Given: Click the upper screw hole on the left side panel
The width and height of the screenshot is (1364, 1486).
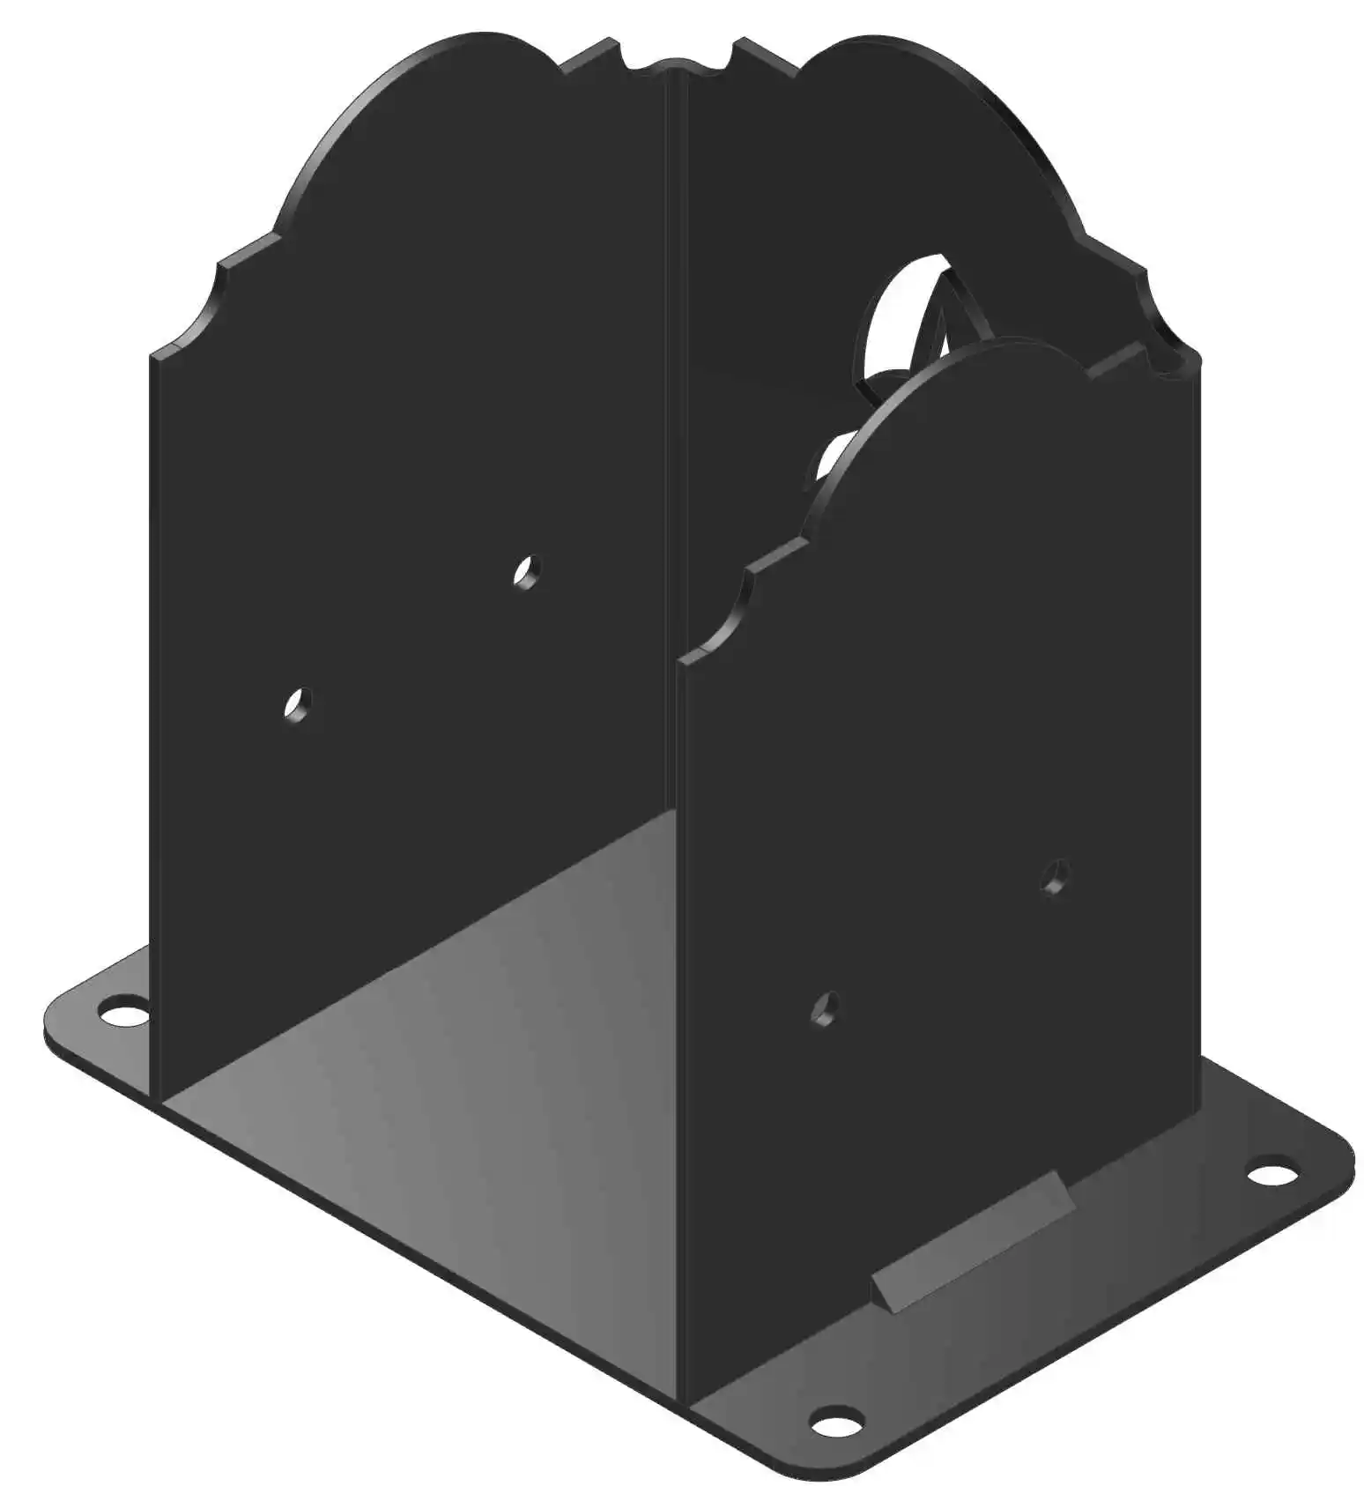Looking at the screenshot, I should (x=527, y=572).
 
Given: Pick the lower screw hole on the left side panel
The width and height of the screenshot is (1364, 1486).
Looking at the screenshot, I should (x=299, y=705).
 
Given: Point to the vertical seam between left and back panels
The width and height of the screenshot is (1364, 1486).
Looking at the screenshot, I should (x=677, y=441).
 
